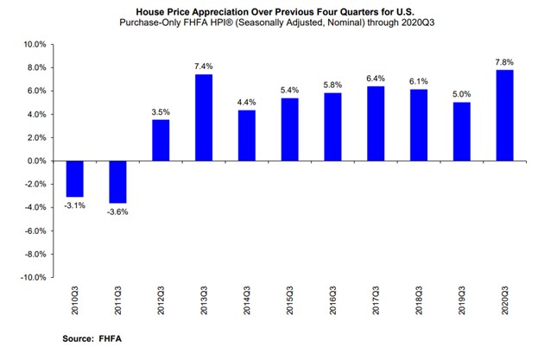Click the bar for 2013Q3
(x=201, y=117)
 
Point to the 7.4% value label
(x=201, y=65)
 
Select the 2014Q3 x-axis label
(x=246, y=303)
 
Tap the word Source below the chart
(x=79, y=339)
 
